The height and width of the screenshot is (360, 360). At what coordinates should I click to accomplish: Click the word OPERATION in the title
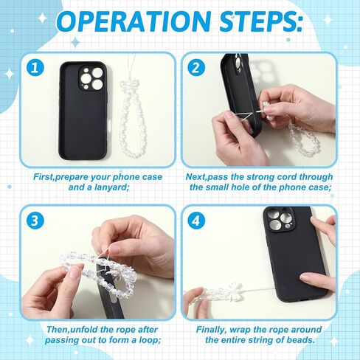[x=134, y=21]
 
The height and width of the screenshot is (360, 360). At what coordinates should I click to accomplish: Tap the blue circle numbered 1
[x=35, y=67]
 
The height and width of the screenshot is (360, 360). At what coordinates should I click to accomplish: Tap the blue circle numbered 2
[x=196, y=67]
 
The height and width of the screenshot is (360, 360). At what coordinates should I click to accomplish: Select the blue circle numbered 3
[x=35, y=221]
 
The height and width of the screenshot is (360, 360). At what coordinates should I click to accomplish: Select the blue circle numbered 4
[x=196, y=221]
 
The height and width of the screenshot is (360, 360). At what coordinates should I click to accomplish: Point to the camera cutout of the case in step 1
[x=91, y=79]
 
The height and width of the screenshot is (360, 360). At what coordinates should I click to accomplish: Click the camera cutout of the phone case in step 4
[x=278, y=220]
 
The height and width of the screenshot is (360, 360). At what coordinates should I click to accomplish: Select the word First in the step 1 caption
[x=44, y=177]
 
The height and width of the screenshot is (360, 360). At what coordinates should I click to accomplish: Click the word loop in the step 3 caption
[x=150, y=341]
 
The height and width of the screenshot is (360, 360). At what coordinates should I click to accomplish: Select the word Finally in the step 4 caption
[x=211, y=330]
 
